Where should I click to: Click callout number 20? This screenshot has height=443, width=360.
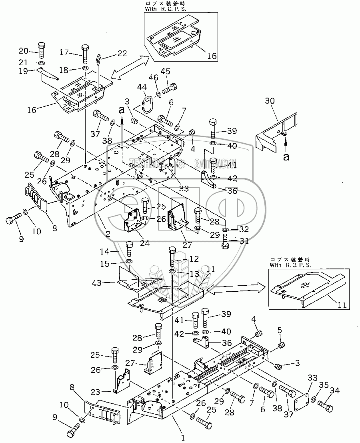pyautogui.click(x=24, y=50)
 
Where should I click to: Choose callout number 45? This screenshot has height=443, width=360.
pyautogui.click(x=165, y=71)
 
